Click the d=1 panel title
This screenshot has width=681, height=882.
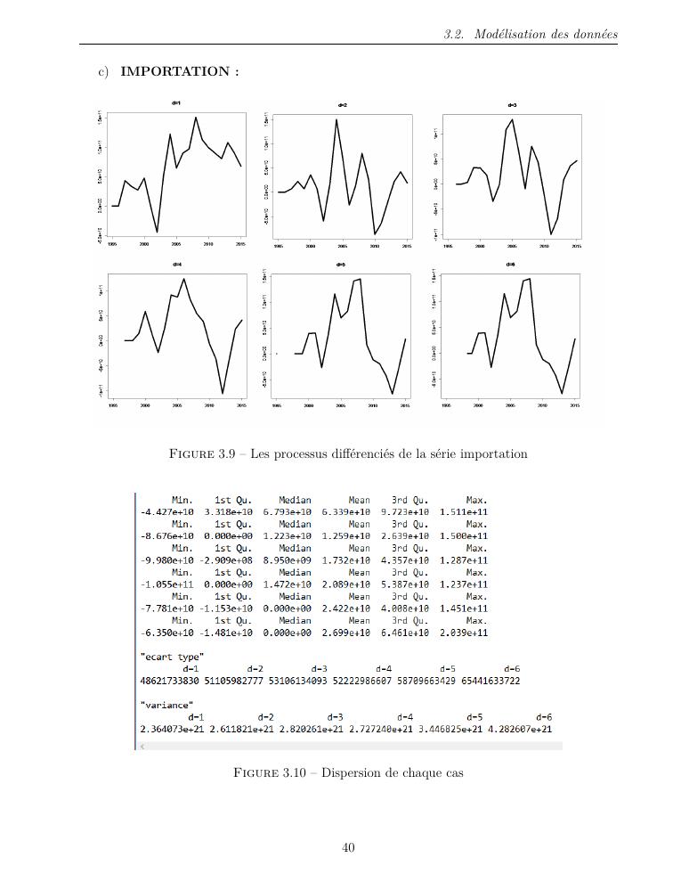point(176,103)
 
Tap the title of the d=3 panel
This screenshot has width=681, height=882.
point(511,105)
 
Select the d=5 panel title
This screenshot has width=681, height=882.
point(341,265)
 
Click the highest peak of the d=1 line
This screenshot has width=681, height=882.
point(196,118)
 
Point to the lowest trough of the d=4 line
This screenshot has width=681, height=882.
point(223,393)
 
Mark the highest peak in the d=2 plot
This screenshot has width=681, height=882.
point(336,119)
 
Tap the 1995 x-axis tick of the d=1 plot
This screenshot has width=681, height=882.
point(112,243)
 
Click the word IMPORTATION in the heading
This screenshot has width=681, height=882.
point(176,71)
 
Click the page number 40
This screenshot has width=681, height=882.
point(348,847)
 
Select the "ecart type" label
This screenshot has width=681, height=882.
point(172,656)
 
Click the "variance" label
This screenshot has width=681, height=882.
point(166,705)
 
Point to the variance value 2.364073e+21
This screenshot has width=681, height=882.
point(172,729)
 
